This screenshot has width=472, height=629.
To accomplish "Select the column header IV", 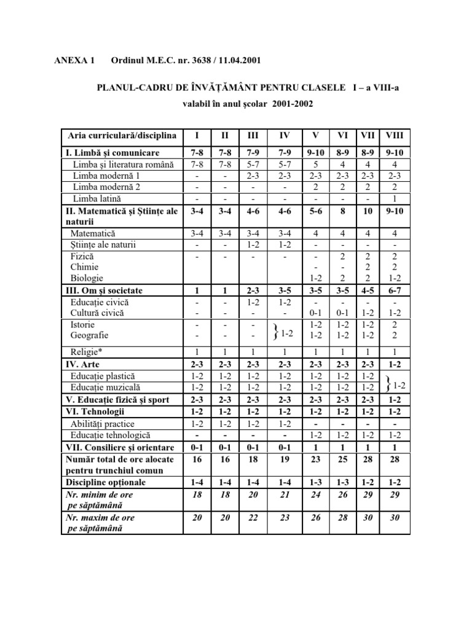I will click(x=285, y=136).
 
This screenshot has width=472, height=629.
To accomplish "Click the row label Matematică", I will click(x=93, y=233).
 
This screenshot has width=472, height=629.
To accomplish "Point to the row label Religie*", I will click(x=90, y=352).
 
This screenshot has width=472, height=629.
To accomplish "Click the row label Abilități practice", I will click(x=102, y=424).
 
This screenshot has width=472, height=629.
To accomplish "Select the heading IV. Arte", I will click(x=87, y=364).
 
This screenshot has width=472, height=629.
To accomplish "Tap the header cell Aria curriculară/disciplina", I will click(x=119, y=136).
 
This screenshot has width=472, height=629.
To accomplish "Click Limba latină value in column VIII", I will click(x=392, y=198).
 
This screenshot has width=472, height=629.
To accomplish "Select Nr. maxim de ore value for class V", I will click(x=316, y=518).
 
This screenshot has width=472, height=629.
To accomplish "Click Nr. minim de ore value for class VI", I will click(x=343, y=494).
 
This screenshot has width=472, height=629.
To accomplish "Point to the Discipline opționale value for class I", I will click(x=196, y=482).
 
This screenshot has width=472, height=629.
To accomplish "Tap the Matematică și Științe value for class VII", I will click(x=368, y=211).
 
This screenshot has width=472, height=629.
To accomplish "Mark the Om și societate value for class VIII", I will click(x=392, y=291).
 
